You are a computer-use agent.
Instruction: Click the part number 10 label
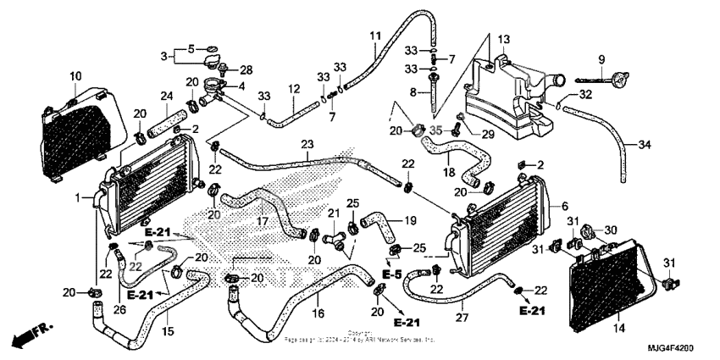click(75, 77)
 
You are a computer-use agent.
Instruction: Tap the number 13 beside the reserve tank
click(503, 40)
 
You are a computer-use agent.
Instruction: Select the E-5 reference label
click(390, 275)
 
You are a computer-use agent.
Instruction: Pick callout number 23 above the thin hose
click(306, 144)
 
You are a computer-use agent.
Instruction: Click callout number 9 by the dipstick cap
click(601, 59)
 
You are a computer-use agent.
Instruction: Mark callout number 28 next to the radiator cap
click(246, 69)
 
